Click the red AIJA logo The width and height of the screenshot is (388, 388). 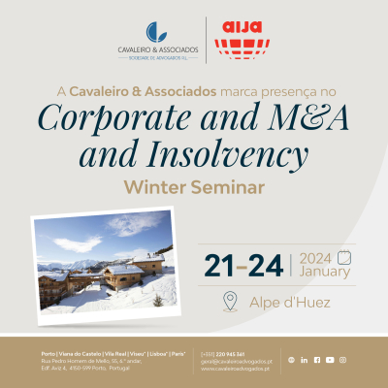(239, 40)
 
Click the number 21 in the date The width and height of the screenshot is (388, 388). (219, 264)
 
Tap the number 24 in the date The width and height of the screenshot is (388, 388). (269, 264)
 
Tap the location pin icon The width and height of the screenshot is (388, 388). (229, 302)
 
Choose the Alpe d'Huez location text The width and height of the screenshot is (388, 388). (289, 303)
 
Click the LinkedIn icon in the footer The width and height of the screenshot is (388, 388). (304, 360)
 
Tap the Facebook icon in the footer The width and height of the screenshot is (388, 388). (316, 360)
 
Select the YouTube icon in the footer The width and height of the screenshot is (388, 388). (330, 360)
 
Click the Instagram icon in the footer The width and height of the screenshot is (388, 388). (342, 360)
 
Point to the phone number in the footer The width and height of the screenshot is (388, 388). (231, 353)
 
